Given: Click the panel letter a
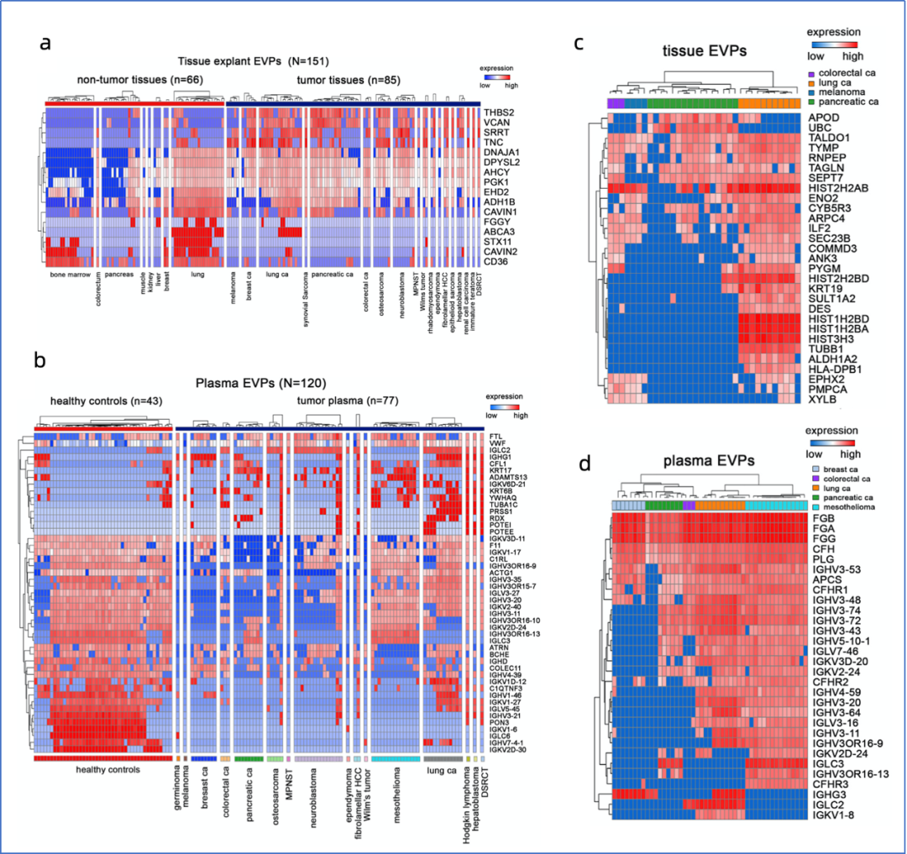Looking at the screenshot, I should point(48,44).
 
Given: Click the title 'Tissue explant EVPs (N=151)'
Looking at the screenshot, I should point(252,61).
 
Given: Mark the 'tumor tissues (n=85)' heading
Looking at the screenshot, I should point(349,80).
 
